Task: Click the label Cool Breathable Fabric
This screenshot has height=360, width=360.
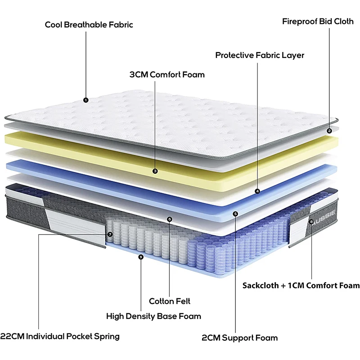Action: pyautogui.click(x=89, y=24)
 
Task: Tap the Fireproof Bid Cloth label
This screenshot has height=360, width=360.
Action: pyautogui.click(x=318, y=21)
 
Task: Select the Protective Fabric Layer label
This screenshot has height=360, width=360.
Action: pyautogui.click(x=260, y=55)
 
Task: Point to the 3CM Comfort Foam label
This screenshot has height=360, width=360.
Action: pyautogui.click(x=167, y=74)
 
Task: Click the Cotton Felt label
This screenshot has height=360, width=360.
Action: pyautogui.click(x=170, y=301)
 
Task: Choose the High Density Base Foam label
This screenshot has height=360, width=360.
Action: pyautogui.click(x=153, y=316)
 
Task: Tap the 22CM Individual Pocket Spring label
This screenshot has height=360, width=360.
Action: pyautogui.click(x=60, y=336)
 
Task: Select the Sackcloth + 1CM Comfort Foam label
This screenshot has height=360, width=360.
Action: pyautogui.click(x=301, y=285)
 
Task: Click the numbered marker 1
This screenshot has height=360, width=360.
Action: pyautogui.click(x=86, y=100)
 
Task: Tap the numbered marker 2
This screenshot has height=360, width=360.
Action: pyautogui.click(x=329, y=131)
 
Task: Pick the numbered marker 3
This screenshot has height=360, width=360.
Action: pyautogui.click(x=155, y=171)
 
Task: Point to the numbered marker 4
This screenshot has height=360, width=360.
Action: pyautogui.click(x=257, y=191)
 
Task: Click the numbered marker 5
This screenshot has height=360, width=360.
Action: pyautogui.click(x=236, y=213)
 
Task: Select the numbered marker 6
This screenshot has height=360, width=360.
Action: pyautogui.click(x=169, y=219)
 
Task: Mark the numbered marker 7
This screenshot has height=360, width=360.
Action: pyautogui.click(x=110, y=234)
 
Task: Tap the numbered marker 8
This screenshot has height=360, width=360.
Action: pyautogui.click(x=311, y=221)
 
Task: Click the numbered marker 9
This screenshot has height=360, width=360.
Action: pyautogui.click(x=141, y=257)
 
